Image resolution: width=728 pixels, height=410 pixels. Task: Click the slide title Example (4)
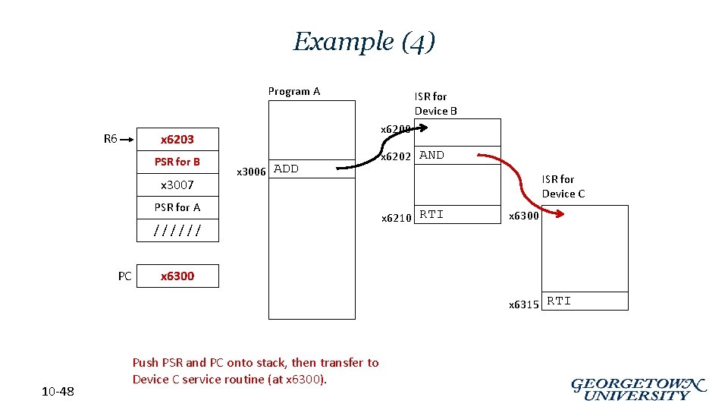pos(364,41)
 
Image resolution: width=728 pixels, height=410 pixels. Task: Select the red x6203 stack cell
pos(177,139)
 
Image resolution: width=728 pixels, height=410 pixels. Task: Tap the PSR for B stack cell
pos(177,162)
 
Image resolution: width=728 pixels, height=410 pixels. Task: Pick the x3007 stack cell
pos(177,184)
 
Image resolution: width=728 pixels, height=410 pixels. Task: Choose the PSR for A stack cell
pos(177,207)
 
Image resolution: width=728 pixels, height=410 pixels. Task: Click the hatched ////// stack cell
pos(177,230)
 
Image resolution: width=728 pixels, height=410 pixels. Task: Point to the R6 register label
pos(111,138)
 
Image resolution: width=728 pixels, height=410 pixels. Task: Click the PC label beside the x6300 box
pos(125,276)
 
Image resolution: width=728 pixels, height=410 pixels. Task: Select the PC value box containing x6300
pos(177,276)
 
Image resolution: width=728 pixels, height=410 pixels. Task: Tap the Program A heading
pos(294,91)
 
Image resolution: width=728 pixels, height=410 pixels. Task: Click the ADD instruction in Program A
pos(286,169)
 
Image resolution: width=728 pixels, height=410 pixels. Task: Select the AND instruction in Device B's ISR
pos(431,155)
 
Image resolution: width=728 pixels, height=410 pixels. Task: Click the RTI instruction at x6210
pos(431,214)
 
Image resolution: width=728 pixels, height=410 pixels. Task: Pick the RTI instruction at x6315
pos(559,301)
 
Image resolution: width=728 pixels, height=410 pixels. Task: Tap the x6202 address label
pos(396,156)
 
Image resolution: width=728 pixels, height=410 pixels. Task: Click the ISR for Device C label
pos(563,186)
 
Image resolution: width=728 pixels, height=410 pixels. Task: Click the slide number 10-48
pos(58,391)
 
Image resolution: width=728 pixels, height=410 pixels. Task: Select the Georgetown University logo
pos(639,389)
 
